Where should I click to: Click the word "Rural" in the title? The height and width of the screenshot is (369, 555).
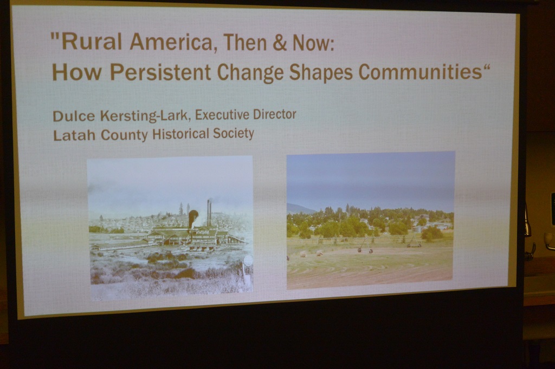pos(92,41)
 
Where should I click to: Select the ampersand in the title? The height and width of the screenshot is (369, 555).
pos(280,43)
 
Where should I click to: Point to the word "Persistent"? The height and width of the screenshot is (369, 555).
pos(160,72)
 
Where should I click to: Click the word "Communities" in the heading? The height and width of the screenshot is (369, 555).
pos(421,71)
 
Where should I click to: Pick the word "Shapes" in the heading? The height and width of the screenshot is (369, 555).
pos(321,73)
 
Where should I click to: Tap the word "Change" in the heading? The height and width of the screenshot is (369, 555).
pos(250,73)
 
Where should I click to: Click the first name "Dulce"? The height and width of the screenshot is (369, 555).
pos(74,116)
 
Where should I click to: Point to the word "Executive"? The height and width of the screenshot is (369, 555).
pos(222,115)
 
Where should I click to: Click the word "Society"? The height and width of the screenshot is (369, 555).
pos(234,133)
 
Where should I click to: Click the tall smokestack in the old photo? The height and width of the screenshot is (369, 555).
pos(209,214)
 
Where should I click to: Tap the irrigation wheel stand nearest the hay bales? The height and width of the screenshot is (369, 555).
pos(364,246)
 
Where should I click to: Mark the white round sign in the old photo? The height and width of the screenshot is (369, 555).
pos(248,260)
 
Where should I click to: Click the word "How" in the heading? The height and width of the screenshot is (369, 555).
pos(77,72)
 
